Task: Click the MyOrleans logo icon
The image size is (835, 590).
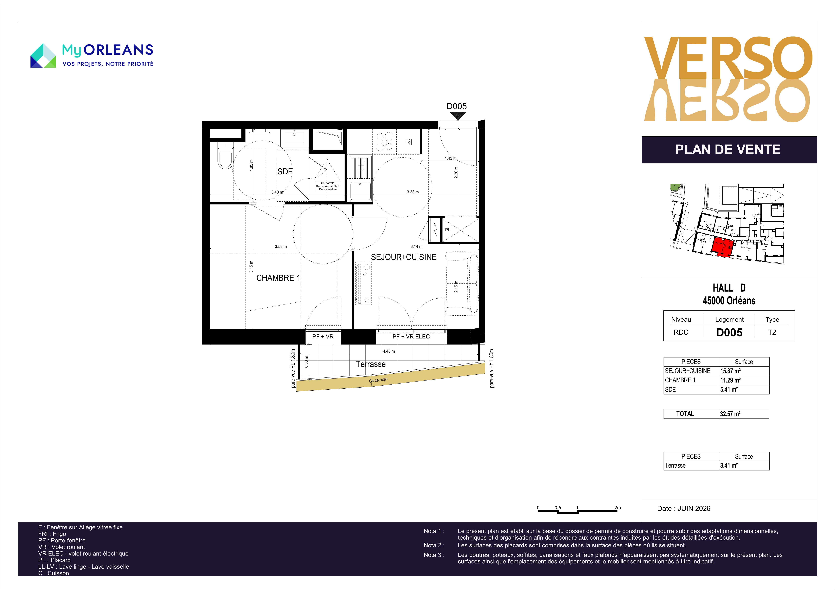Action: click(x=43, y=56)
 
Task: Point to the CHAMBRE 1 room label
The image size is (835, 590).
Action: click(x=278, y=278)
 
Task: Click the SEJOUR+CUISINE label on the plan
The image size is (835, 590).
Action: click(x=404, y=257)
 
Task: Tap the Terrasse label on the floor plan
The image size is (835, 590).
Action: click(x=371, y=364)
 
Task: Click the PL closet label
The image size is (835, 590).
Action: click(x=448, y=230)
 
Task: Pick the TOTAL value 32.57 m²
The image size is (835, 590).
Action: click(x=730, y=414)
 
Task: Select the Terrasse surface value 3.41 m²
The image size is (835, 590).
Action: click(x=729, y=465)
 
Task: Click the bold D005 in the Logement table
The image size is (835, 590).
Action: click(x=729, y=332)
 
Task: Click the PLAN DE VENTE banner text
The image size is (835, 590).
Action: click(x=728, y=149)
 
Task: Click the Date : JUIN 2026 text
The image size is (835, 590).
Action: click(x=684, y=508)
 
